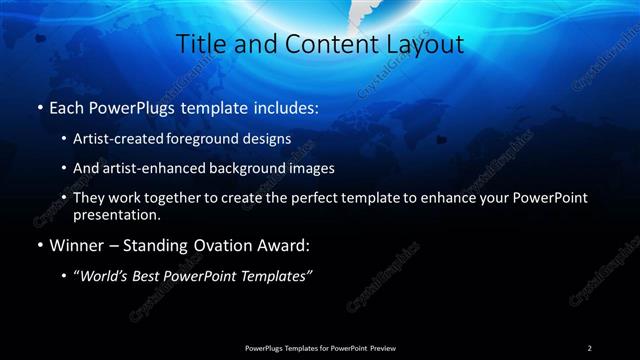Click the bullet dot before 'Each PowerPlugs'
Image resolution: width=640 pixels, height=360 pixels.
(38, 106)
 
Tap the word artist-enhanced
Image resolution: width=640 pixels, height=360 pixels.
(167, 168)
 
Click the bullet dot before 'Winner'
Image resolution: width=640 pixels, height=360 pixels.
(38, 243)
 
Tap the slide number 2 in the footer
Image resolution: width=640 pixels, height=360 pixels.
(590, 347)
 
